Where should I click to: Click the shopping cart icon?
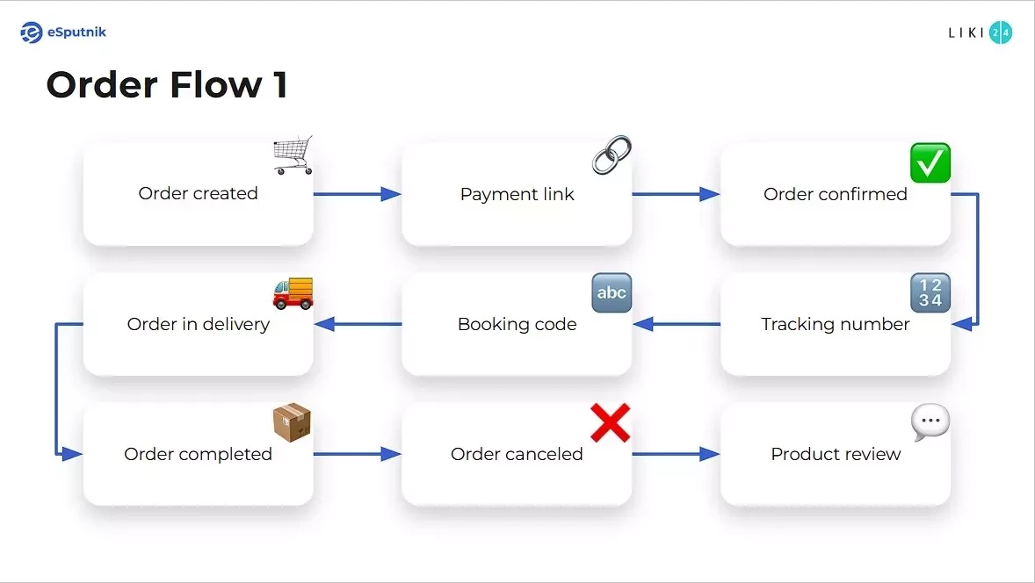(293, 156)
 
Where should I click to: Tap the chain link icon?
(612, 155)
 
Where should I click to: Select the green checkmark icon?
(930, 163)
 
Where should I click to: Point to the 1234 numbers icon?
(930, 292)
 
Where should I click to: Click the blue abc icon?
(612, 292)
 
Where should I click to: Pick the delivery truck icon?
(293, 292)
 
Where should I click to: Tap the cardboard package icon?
(293, 423)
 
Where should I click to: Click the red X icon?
(611, 423)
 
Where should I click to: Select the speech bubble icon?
(930, 423)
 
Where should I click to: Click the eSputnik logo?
(63, 32)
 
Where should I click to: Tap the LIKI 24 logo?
(980, 32)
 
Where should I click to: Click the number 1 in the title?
(280, 85)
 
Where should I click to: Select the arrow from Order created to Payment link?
(357, 194)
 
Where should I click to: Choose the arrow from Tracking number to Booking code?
(676, 324)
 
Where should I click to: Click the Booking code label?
(517, 324)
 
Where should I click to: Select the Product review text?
(836, 454)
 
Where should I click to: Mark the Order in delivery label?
(198, 324)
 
